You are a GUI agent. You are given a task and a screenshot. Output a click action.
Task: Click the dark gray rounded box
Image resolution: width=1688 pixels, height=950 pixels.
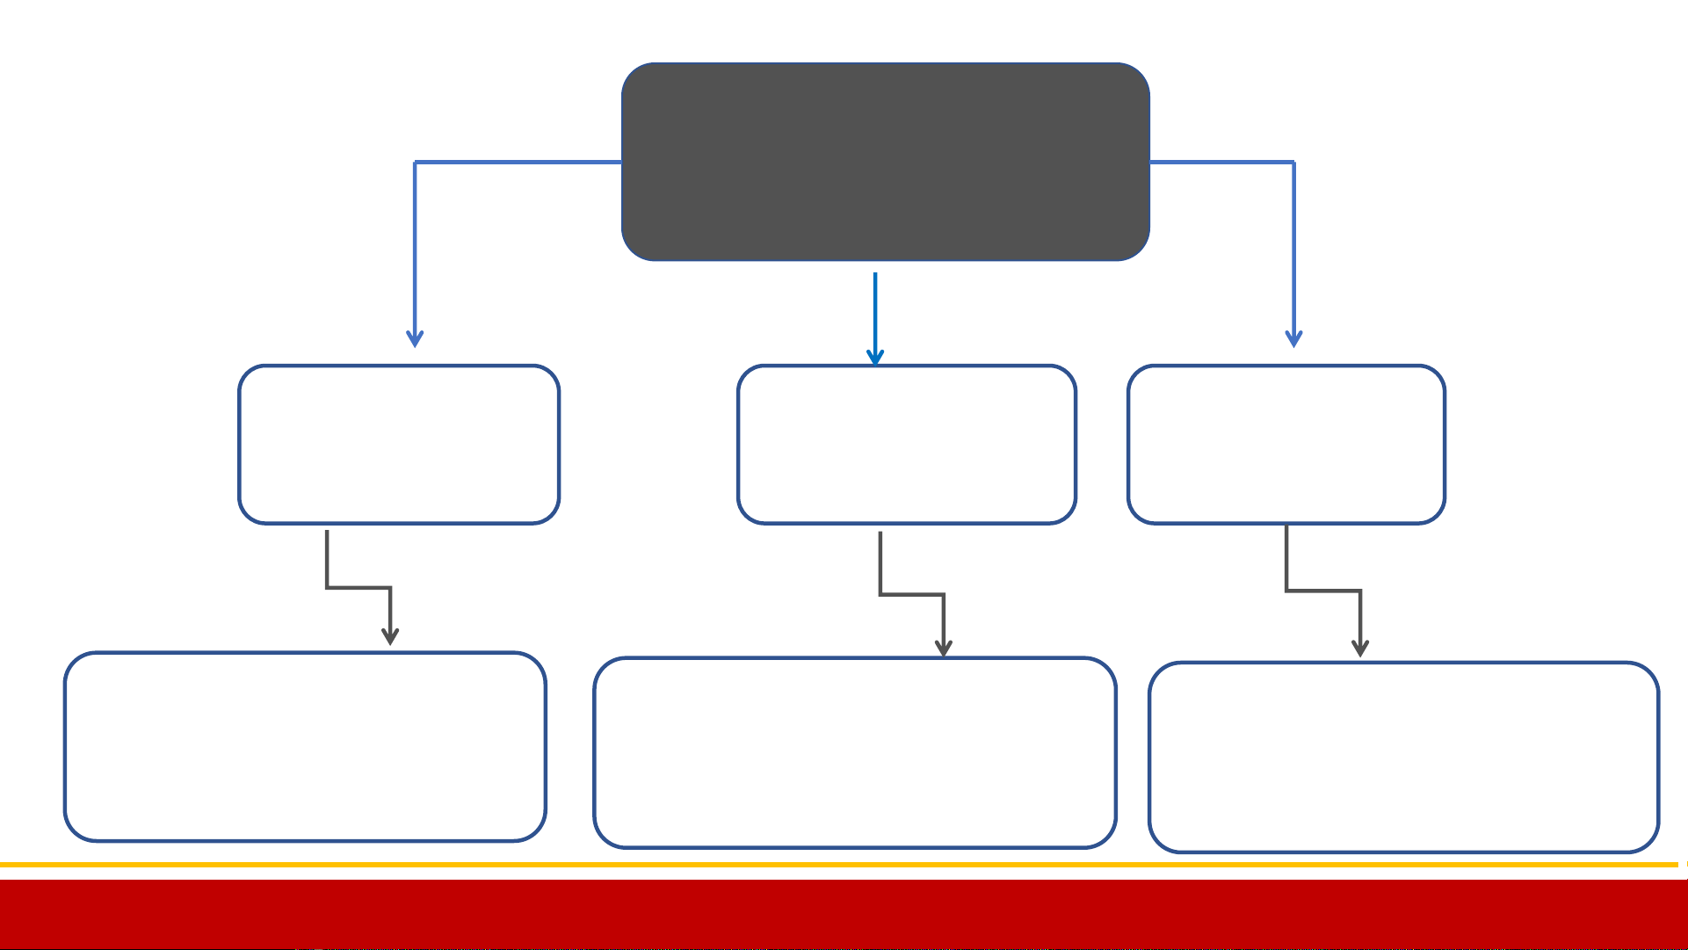(885, 162)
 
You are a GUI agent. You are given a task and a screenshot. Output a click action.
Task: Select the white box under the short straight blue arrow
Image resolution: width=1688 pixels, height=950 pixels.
(906, 445)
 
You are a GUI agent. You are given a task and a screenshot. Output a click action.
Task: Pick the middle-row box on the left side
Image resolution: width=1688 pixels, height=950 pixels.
(399, 445)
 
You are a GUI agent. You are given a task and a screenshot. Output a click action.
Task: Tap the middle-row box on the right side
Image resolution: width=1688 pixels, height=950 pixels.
(1286, 445)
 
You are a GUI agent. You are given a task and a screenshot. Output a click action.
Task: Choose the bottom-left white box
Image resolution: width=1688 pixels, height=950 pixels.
(305, 747)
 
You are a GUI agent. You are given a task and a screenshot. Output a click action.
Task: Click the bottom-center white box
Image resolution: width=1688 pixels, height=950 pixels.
(855, 753)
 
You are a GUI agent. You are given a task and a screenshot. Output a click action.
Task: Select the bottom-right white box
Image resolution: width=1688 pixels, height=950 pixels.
(1403, 758)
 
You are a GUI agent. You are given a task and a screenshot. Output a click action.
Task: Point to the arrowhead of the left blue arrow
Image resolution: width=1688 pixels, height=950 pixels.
(415, 339)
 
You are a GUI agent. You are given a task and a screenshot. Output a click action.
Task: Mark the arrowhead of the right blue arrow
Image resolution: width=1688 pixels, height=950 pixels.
(1293, 339)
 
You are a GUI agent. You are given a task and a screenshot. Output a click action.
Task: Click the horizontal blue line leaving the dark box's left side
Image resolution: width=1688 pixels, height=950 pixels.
(518, 163)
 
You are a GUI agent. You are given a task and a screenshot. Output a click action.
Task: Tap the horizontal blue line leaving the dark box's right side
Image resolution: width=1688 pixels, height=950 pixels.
(1221, 163)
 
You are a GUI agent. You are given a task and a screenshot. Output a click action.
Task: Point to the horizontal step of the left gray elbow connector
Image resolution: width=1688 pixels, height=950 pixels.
(359, 587)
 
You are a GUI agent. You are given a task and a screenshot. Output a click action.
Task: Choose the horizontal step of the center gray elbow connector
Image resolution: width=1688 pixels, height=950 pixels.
(912, 595)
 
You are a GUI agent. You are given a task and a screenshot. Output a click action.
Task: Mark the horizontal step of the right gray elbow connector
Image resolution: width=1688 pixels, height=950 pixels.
(1323, 591)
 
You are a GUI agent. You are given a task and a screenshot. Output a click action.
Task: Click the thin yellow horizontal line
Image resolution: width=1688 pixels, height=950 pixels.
(844, 865)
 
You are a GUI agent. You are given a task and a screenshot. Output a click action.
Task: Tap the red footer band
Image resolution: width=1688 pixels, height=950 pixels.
(844, 914)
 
